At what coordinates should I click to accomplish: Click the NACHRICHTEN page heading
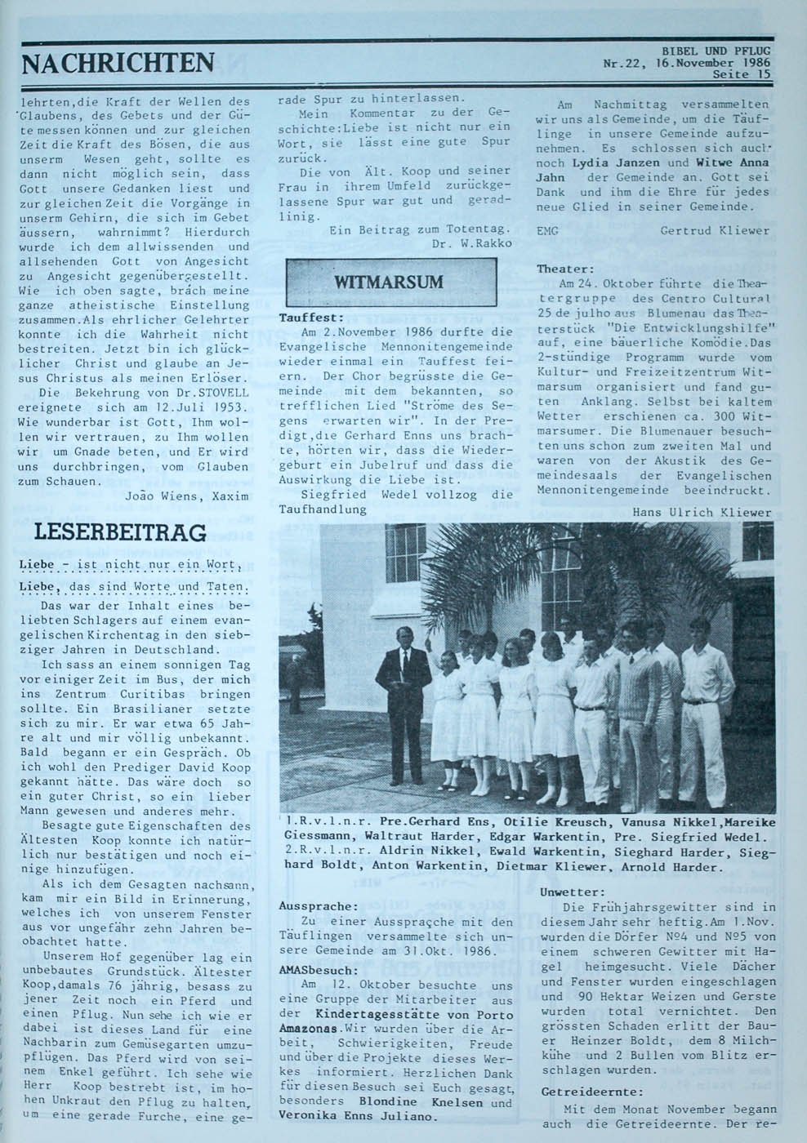(118, 62)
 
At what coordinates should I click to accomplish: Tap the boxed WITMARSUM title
(390, 282)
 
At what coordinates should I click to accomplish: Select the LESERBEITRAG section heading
(119, 533)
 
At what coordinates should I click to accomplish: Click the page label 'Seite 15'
(741, 74)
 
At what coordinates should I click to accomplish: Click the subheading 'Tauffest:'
(311, 318)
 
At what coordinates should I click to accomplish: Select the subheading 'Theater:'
(565, 269)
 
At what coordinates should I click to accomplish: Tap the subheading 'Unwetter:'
(573, 892)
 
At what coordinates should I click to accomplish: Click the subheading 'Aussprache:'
(319, 906)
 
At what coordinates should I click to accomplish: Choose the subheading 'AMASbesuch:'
(318, 970)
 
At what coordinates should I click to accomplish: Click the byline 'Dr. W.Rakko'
(473, 242)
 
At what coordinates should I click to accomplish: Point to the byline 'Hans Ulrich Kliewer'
(702, 512)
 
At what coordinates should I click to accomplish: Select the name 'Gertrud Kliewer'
(715, 231)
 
